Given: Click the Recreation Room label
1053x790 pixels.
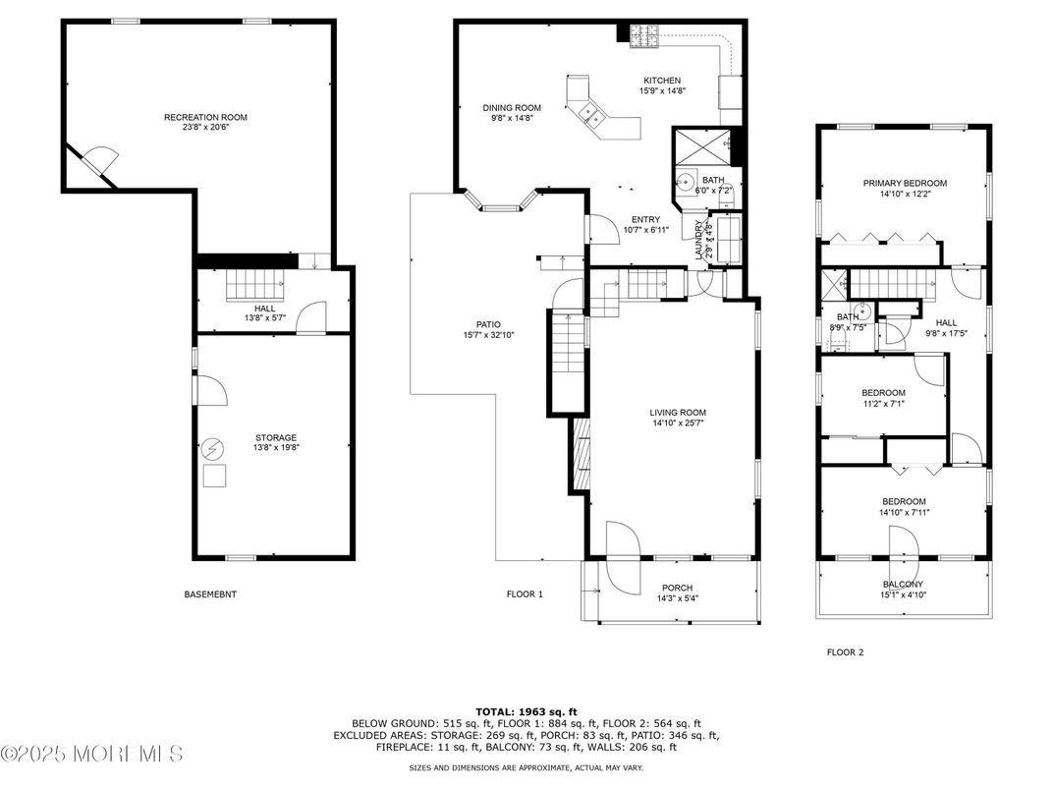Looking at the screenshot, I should pos(205,117).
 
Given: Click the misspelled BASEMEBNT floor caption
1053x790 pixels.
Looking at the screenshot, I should pos(210,594).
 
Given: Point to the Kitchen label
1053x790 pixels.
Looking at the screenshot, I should pos(662,81).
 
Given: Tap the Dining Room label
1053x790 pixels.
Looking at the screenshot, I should pos(512,108).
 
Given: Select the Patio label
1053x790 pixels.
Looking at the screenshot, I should pos(488,324).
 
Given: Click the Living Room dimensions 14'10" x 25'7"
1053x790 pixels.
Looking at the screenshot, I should pos(678,423).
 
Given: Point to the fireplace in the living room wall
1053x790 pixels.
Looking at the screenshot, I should pos(581,459).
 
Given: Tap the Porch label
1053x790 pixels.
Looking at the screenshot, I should pos(677,588).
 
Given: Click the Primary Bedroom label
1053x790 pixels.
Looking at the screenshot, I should pos(905,183).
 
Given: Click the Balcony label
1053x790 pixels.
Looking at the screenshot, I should pos(903,584).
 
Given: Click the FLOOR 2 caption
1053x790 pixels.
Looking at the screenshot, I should pos(845,651).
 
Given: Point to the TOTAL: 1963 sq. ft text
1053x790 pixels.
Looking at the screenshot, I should pos(526,710).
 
